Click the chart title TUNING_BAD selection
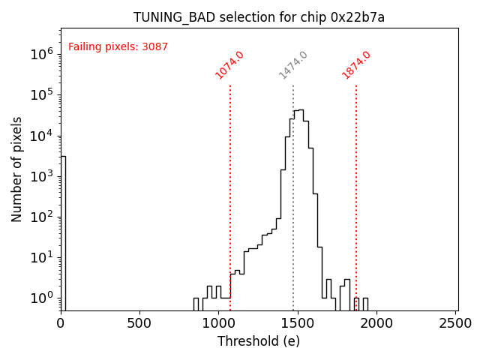point(259,17)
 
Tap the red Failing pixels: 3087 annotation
point(118,47)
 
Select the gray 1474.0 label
point(293,65)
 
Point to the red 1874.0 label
point(356,65)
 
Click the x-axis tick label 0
point(61,323)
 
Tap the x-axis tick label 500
point(139,323)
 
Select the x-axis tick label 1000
point(218,323)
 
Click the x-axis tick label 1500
point(298,323)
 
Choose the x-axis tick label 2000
point(376,323)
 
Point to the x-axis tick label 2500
point(455,323)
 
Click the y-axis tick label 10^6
point(42,54)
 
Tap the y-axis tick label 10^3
point(42,176)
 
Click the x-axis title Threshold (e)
point(259,341)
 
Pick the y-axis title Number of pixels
point(16,169)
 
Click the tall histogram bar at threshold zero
point(63,232)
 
